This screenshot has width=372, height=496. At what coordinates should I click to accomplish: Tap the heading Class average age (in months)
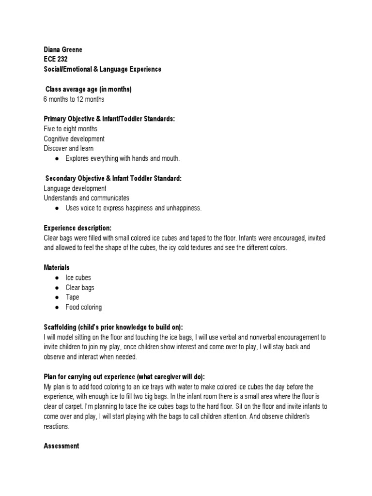coord(89,89)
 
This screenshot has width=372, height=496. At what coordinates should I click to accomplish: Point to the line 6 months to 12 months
coord(74,99)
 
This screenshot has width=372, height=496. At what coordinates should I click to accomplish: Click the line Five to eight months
coord(70,129)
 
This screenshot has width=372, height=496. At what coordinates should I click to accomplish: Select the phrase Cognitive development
coord(74,139)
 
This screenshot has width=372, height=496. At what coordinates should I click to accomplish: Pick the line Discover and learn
coord(68,148)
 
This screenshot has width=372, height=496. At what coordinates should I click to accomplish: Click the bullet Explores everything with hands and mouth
coord(123,158)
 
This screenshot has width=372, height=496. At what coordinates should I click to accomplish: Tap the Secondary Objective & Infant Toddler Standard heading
coord(113,178)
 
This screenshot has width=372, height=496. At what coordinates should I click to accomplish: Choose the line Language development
coord(75,188)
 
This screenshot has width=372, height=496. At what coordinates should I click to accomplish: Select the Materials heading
coord(57,267)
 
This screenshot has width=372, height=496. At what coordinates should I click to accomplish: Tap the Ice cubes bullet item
coord(78,278)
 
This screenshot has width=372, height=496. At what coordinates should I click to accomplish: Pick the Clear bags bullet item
coord(80,288)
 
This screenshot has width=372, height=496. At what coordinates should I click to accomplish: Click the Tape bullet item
coord(72,297)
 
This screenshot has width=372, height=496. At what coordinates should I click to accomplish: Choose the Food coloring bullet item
coord(83,307)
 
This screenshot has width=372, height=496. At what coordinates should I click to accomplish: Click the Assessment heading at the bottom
coord(61,446)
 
